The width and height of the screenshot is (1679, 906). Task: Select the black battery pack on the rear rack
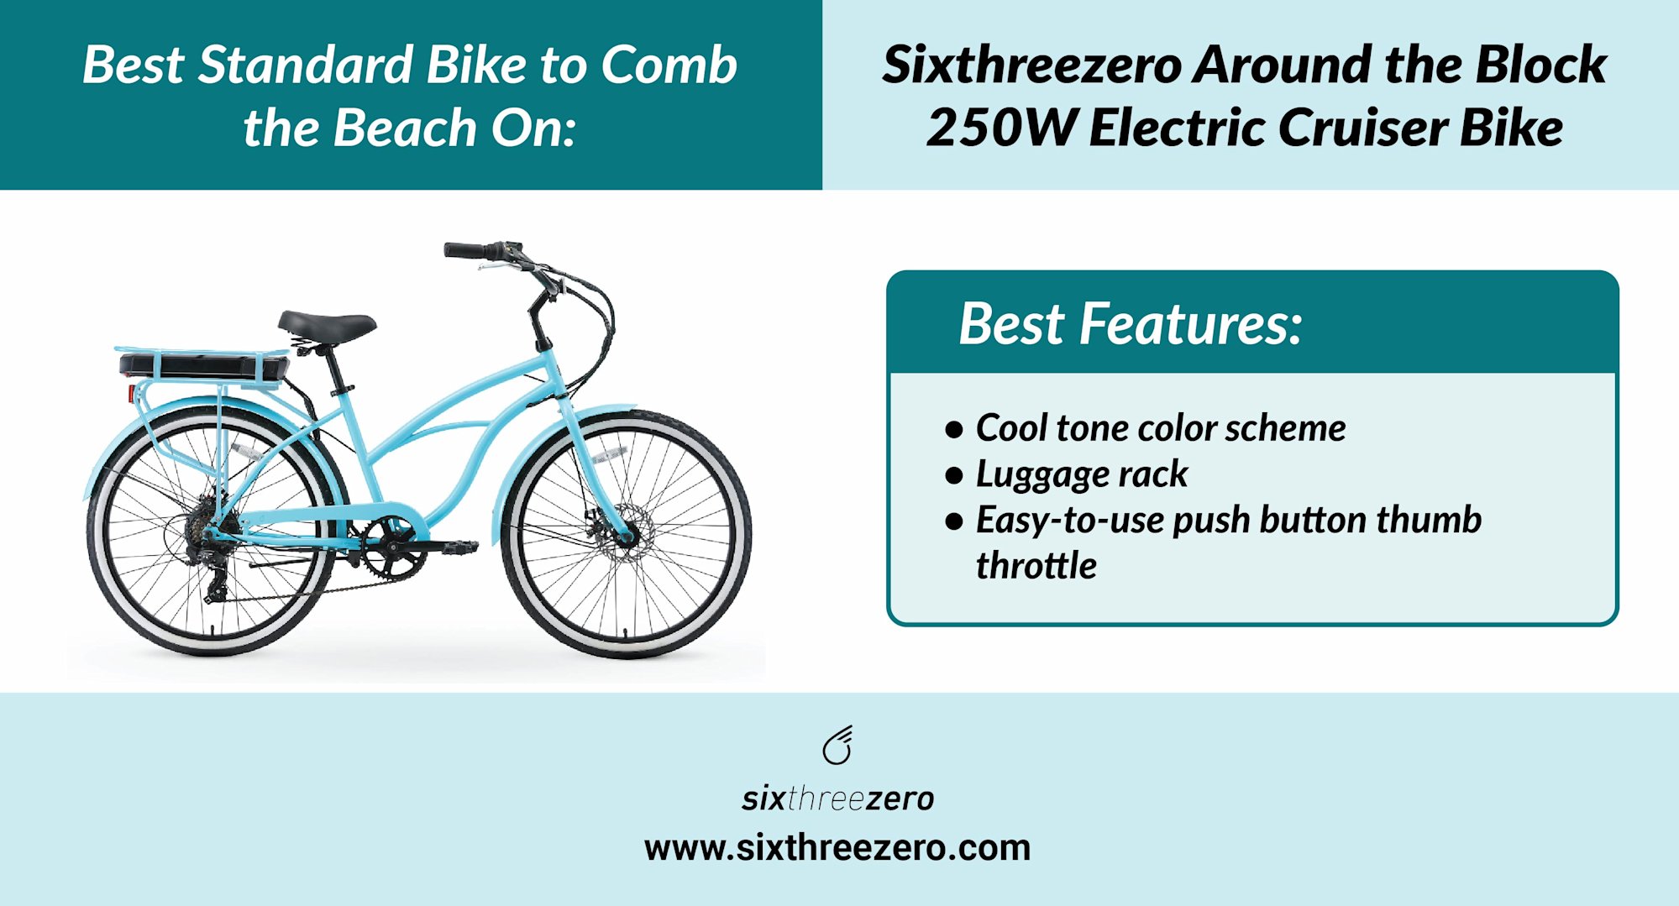pyautogui.click(x=202, y=365)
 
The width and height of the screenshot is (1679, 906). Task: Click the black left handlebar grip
pyautogui.click(x=465, y=250)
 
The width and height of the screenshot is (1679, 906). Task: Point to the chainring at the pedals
pyautogui.click(x=390, y=547)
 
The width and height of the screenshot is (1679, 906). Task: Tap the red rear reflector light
pyautogui.click(x=131, y=393)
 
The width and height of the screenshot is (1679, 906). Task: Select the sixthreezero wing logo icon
pyautogui.click(x=838, y=746)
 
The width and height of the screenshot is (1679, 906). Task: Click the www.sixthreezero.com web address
pyautogui.click(x=837, y=847)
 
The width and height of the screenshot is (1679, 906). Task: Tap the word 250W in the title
pyautogui.click(x=1000, y=128)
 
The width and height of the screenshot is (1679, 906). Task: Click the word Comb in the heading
pyautogui.click(x=669, y=65)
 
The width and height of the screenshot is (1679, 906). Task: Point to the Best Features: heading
pyautogui.click(x=1131, y=324)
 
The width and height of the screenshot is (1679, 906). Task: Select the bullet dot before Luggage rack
pyautogui.click(x=953, y=476)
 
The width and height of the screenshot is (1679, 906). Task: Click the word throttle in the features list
pyautogui.click(x=1036, y=565)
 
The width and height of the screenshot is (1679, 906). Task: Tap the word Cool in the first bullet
pyautogui.click(x=1011, y=428)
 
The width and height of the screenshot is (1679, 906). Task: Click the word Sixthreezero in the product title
pyautogui.click(x=1031, y=65)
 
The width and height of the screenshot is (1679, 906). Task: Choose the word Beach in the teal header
pyautogui.click(x=405, y=128)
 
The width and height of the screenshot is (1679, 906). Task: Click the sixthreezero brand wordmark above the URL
pyautogui.click(x=837, y=799)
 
